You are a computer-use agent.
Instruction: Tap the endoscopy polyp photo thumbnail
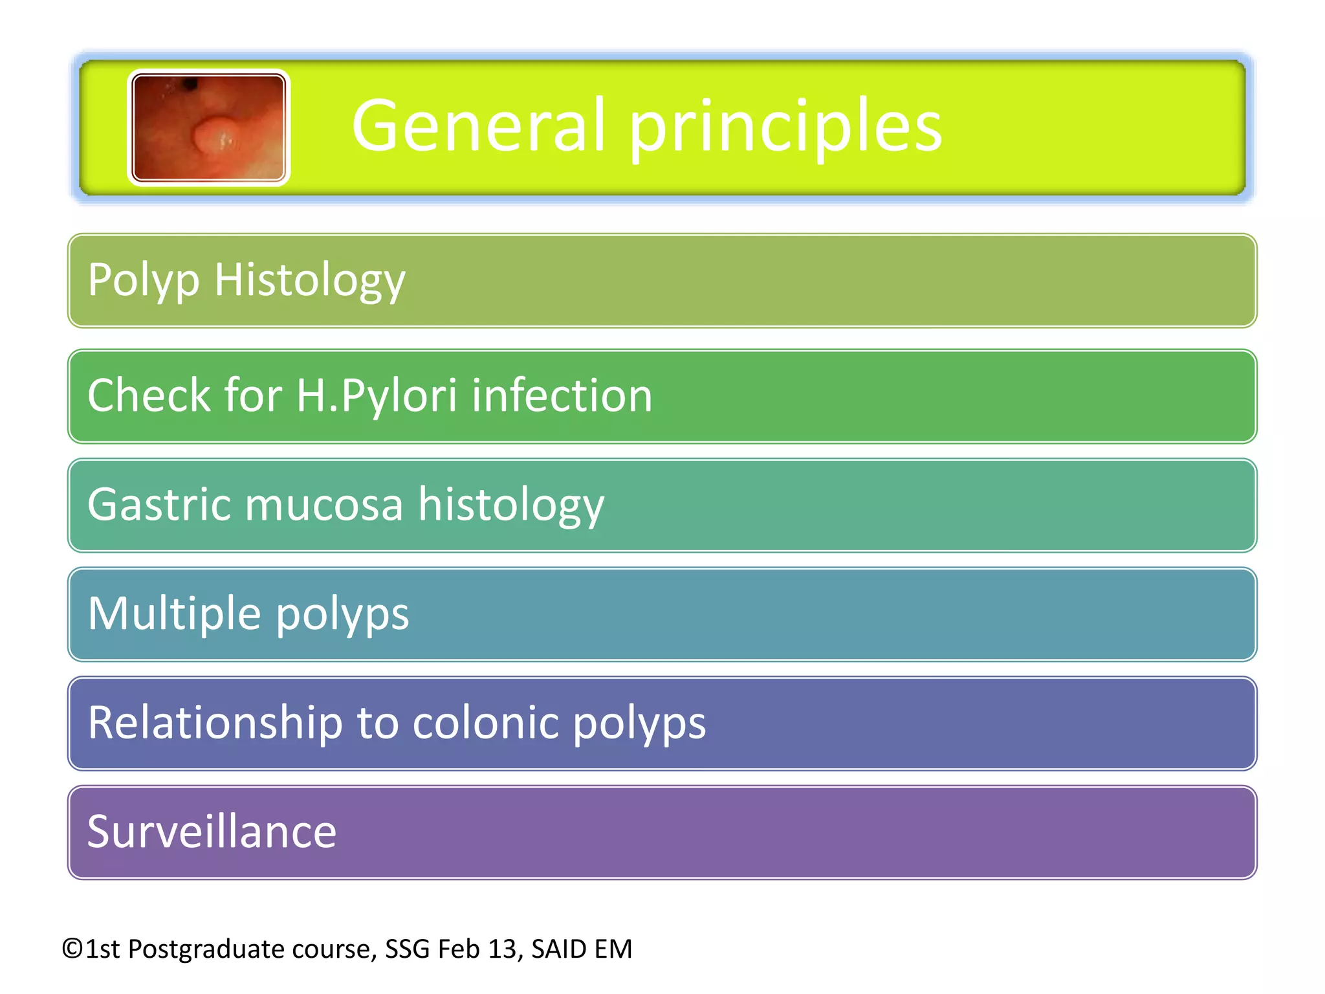[x=208, y=127]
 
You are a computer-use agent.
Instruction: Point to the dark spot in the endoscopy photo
[x=190, y=84]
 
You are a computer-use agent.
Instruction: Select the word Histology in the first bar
[x=309, y=280]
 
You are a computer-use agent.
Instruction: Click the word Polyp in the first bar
[x=143, y=280]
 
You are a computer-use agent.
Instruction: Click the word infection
[x=562, y=395]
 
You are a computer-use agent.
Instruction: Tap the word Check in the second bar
[x=148, y=395]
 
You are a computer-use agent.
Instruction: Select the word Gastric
[x=159, y=505]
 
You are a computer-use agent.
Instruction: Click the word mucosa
[x=323, y=505]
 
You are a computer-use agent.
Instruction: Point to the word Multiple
[x=173, y=613]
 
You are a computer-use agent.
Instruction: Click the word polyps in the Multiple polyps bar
[x=343, y=615]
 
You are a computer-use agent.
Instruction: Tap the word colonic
[x=485, y=723]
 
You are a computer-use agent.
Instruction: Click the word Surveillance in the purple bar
[x=212, y=832]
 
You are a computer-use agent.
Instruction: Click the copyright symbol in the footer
[x=72, y=949]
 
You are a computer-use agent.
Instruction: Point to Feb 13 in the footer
[x=477, y=949]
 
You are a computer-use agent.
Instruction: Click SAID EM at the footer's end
[x=581, y=949]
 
